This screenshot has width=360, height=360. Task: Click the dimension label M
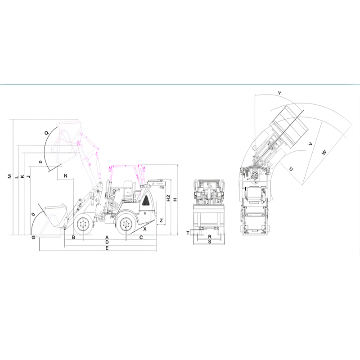tap(9, 176)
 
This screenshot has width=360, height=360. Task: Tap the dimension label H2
tap(168, 198)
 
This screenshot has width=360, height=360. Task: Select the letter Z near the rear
tap(161, 220)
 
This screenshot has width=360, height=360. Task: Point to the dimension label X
tap(145, 229)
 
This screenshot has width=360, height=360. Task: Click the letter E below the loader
tap(107, 248)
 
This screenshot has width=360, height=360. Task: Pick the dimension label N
tap(66, 175)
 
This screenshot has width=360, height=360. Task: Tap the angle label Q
tap(47, 133)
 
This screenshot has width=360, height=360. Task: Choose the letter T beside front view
tap(188, 233)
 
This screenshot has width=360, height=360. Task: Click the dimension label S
tap(210, 242)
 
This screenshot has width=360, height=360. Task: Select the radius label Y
tap(279, 93)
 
